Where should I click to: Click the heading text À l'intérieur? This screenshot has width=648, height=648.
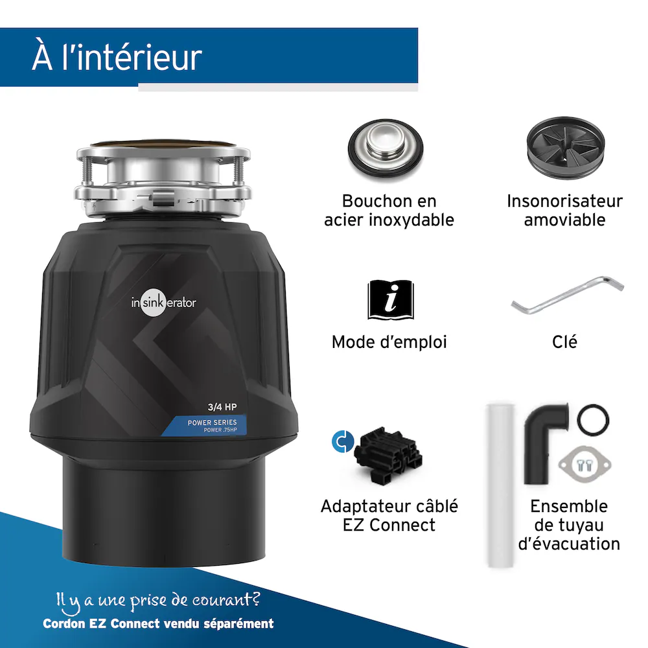(x=117, y=56)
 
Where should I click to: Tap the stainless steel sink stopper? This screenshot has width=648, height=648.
(x=386, y=150)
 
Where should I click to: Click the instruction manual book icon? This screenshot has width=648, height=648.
(x=391, y=300)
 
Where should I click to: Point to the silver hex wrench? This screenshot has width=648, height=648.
(x=567, y=295)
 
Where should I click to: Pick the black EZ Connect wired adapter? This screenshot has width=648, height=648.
(x=388, y=456)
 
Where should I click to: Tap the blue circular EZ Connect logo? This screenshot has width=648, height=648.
(x=343, y=441)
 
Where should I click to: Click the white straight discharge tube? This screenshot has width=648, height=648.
(x=500, y=485)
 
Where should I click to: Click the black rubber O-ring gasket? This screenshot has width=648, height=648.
(x=593, y=419)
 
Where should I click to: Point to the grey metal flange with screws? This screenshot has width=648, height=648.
(x=584, y=465)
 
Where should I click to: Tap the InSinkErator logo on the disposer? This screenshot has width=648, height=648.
(x=164, y=303)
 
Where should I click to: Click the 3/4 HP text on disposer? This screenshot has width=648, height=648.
(x=222, y=407)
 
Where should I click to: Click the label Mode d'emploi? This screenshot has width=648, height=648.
(x=389, y=342)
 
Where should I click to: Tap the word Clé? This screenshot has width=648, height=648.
(x=564, y=341)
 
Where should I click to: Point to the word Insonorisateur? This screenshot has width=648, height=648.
(x=564, y=202)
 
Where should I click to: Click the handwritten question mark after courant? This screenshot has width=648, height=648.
(x=255, y=597)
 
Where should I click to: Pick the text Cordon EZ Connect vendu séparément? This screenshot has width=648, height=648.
(x=158, y=623)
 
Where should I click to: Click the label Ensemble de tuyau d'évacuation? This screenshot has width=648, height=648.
(x=569, y=526)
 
